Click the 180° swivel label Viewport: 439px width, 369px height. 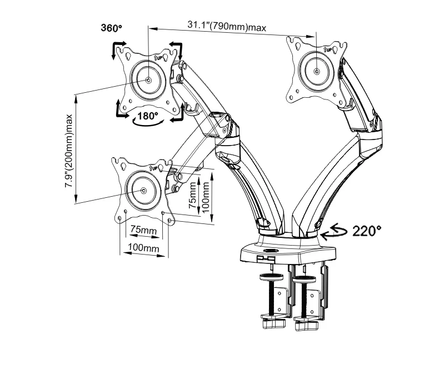149,116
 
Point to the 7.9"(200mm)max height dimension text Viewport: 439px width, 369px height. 69,150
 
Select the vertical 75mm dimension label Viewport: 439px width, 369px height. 192,195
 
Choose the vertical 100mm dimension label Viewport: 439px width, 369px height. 206,193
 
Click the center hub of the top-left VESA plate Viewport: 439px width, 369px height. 149,79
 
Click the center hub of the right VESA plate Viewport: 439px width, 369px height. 316,71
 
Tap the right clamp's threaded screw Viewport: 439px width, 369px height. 303,297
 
